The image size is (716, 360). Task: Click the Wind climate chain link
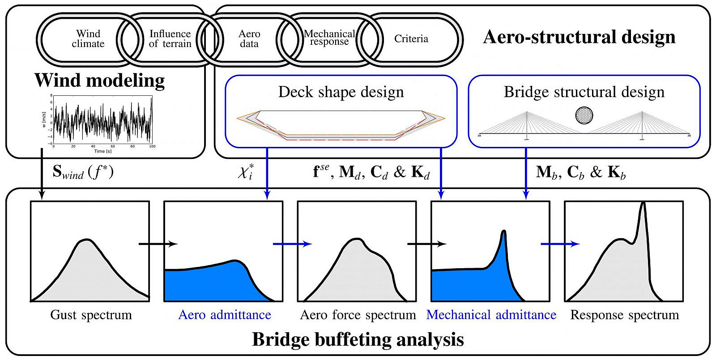point(88,39)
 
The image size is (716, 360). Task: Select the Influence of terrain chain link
point(170,39)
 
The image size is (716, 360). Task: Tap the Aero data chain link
point(249,39)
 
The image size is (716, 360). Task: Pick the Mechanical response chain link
point(329,38)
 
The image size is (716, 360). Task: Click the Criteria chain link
point(411,39)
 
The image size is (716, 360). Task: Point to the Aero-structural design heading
point(579,37)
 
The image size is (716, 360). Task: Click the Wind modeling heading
point(99,81)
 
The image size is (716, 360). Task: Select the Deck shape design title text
point(341,92)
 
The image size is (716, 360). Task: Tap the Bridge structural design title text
point(584,92)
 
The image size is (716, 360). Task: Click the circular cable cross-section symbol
point(584,116)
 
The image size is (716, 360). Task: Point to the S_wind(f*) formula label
point(83,172)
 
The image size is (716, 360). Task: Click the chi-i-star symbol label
point(245,172)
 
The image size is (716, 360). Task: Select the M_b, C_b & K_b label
point(580,172)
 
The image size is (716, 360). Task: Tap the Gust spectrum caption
point(91,315)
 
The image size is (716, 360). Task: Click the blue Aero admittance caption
point(225,315)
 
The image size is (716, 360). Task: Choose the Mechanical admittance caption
point(491,315)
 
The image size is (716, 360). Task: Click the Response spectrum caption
point(624,315)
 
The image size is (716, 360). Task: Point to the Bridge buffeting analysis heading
point(358,339)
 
